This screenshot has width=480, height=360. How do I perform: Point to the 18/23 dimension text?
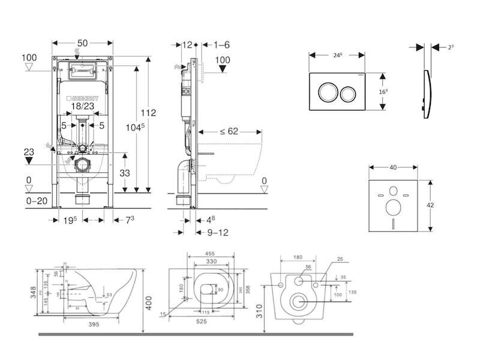(83, 106)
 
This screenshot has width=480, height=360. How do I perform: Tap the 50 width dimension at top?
(83, 44)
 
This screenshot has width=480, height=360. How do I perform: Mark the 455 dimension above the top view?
(210, 253)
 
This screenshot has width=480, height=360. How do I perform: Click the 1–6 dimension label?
(221, 44)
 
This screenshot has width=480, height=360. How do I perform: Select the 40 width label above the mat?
(392, 167)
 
